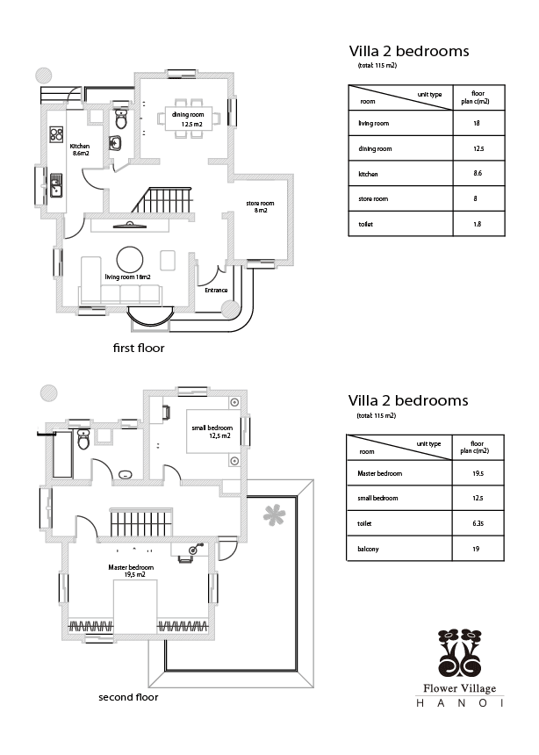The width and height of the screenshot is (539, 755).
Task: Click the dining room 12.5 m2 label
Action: coord(188,120)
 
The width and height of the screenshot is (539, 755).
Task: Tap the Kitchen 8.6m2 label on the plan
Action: coord(80,149)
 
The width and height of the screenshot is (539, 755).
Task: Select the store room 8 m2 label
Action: coord(260,207)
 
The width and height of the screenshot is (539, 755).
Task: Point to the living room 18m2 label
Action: coord(128,277)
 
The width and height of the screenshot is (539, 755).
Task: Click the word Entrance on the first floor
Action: coord(216,291)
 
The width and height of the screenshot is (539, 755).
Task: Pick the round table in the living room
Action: coord(132,258)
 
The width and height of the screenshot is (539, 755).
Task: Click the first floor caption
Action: coord(139,349)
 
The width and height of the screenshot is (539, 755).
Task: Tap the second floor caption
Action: coord(128,699)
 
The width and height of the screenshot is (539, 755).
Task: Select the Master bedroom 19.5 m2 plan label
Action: coord(132,571)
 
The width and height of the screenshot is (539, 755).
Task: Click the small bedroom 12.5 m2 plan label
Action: coord(211,431)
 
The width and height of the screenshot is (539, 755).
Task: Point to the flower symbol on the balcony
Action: coord(276,514)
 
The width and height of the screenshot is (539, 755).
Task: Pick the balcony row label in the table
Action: coord(368,549)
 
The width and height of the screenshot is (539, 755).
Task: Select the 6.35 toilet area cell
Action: coord(478,523)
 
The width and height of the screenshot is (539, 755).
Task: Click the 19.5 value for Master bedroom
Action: coord(478,473)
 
